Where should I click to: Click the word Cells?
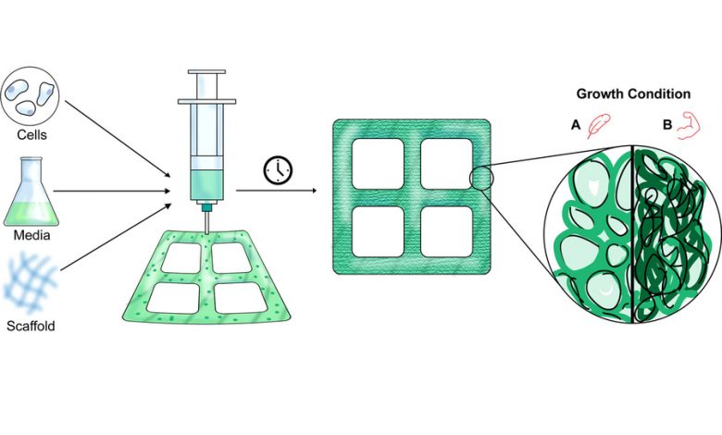[31, 135]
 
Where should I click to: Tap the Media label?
[31, 235]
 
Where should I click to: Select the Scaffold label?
[31, 327]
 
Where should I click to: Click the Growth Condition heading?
[633, 93]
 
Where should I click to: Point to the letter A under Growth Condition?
[576, 124]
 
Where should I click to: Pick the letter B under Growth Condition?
[667, 124]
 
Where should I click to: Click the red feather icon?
[599, 126]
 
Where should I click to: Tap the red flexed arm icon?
[689, 125]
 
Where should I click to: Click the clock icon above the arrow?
[278, 170]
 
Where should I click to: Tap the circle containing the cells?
[30, 97]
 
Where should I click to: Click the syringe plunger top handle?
[206, 72]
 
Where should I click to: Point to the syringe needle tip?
[206, 233]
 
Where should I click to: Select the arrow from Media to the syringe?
[112, 191]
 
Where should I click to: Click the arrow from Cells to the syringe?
[118, 138]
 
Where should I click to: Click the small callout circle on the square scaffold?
[481, 179]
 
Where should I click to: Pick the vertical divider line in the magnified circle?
[634, 234]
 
